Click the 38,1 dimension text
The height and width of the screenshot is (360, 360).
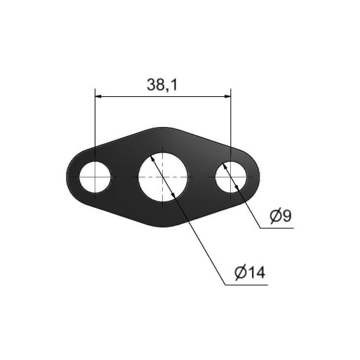click(162, 85)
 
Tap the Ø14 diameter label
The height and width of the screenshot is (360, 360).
click(250, 272)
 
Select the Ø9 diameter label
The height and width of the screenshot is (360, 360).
click(281, 215)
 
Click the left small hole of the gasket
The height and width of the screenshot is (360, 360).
click(95, 177)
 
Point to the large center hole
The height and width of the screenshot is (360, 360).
click(163, 177)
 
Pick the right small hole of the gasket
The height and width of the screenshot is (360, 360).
click(231, 177)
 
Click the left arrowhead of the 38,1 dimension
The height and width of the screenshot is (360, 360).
click(98, 96)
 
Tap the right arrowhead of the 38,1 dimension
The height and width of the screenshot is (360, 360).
click(227, 96)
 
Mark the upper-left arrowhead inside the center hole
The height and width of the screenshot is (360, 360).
click(153, 159)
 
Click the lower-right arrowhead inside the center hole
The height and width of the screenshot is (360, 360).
click(173, 195)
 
